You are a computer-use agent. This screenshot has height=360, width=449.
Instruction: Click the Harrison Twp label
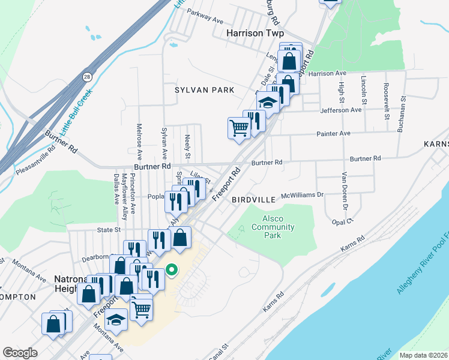255,34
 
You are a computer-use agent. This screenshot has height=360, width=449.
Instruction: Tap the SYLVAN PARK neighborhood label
204,90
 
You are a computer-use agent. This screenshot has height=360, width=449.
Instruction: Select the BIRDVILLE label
253,199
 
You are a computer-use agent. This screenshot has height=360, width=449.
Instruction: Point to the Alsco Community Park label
273,227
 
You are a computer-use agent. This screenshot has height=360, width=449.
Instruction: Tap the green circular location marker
171,270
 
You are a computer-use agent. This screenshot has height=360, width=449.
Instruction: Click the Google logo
20,353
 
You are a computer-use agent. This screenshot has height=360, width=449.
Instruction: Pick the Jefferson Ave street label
343,110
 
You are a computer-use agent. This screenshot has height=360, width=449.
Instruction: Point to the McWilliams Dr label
302,195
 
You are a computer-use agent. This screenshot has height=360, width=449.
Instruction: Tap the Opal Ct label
341,221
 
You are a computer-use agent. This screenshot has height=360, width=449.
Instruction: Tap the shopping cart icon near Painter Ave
238,127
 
